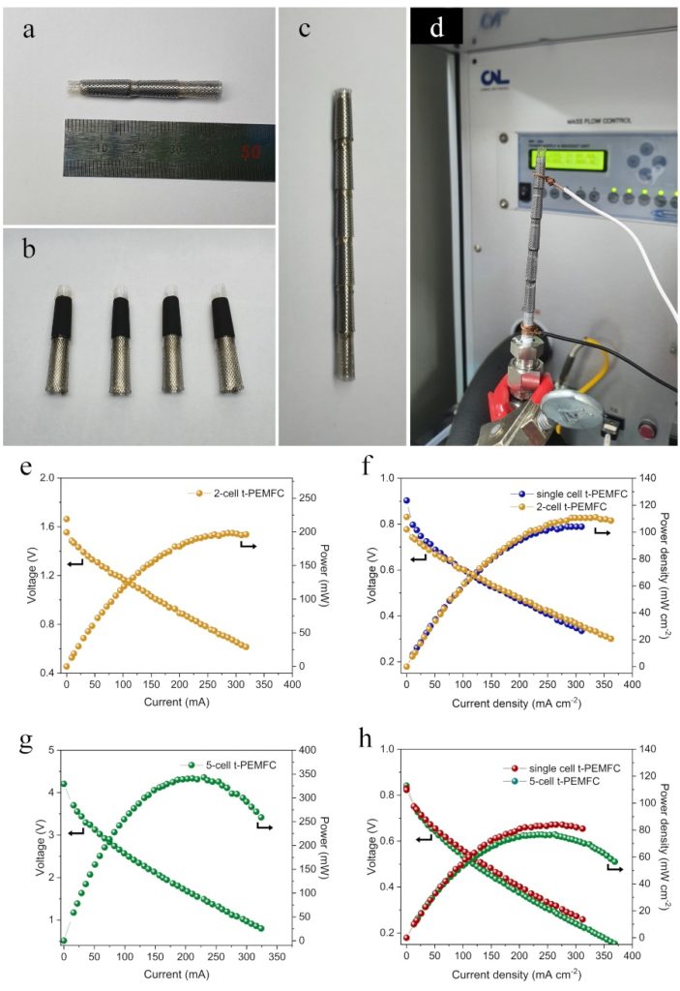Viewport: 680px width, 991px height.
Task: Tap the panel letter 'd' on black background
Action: coord(437,28)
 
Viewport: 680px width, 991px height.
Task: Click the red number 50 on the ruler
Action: coord(251,152)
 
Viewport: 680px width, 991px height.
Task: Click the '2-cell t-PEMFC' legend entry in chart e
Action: coord(233,494)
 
